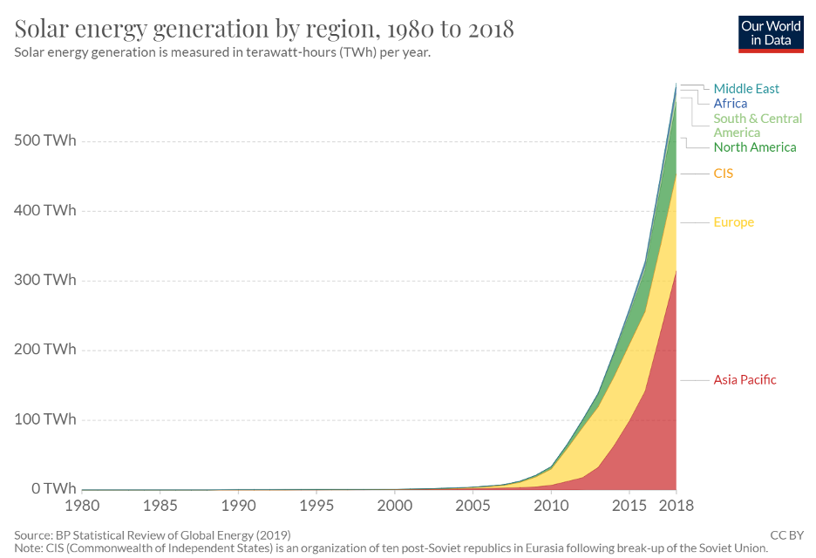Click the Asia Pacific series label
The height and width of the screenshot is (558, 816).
click(x=745, y=379)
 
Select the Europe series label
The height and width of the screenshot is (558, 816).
click(x=733, y=222)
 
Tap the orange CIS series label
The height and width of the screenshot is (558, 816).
click(x=723, y=174)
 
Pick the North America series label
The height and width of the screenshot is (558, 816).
click(x=754, y=147)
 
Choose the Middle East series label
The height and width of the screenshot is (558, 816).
click(x=746, y=89)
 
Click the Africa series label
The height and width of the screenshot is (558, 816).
click(x=730, y=104)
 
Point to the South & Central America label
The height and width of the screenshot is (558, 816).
click(x=757, y=126)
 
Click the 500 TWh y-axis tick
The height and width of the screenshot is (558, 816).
click(x=44, y=141)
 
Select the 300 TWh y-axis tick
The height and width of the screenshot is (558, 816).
click(x=44, y=280)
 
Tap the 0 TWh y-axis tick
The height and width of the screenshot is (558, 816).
click(x=53, y=488)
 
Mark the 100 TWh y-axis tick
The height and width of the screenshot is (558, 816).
click(x=44, y=419)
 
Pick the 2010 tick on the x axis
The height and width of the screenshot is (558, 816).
click(x=550, y=506)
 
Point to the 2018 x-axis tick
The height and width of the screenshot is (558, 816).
click(x=676, y=506)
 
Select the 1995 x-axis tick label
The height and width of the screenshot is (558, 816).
click(x=316, y=506)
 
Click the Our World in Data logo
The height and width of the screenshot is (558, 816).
click(x=771, y=33)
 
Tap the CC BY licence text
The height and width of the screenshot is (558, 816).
click(x=786, y=534)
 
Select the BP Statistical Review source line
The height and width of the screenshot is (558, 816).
click(x=153, y=534)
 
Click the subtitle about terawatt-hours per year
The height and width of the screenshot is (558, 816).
click(x=222, y=52)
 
